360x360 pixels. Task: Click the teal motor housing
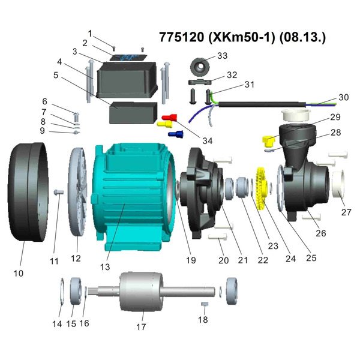132,192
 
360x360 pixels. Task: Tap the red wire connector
170,115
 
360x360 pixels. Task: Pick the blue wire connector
176,134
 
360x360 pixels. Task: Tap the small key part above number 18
204,304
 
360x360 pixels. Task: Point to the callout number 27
347,212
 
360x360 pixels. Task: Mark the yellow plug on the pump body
268,142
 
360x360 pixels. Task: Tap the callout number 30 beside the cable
343,97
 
